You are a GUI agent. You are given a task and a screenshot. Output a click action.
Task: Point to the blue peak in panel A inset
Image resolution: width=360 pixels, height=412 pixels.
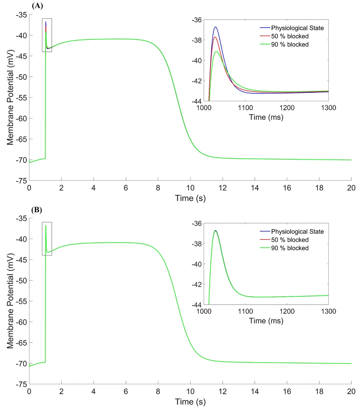pyautogui.click(x=215, y=27)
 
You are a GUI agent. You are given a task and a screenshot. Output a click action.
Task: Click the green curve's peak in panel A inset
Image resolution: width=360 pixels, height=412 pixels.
pyautogui.click(x=216, y=52)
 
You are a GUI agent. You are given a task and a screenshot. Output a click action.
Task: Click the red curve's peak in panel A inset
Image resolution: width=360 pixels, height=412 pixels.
pyautogui.click(x=215, y=37)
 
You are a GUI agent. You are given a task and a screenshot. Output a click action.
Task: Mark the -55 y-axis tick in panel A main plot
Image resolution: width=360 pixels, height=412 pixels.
pyautogui.click(x=22, y=98)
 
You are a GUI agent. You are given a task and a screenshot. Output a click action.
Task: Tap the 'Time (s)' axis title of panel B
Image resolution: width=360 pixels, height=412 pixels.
pyautogui.click(x=190, y=402)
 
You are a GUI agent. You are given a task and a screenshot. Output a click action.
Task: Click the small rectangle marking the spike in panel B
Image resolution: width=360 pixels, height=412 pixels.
pyautogui.click(x=47, y=238)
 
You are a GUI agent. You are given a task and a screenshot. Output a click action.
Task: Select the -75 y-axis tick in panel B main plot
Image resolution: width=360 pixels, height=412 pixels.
pyautogui.click(x=22, y=384)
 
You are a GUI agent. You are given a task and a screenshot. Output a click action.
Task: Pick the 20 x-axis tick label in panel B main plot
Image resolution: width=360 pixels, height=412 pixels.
pyautogui.click(x=351, y=392)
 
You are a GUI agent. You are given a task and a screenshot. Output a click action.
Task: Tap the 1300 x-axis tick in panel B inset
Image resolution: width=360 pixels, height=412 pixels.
pyautogui.click(x=329, y=312)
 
